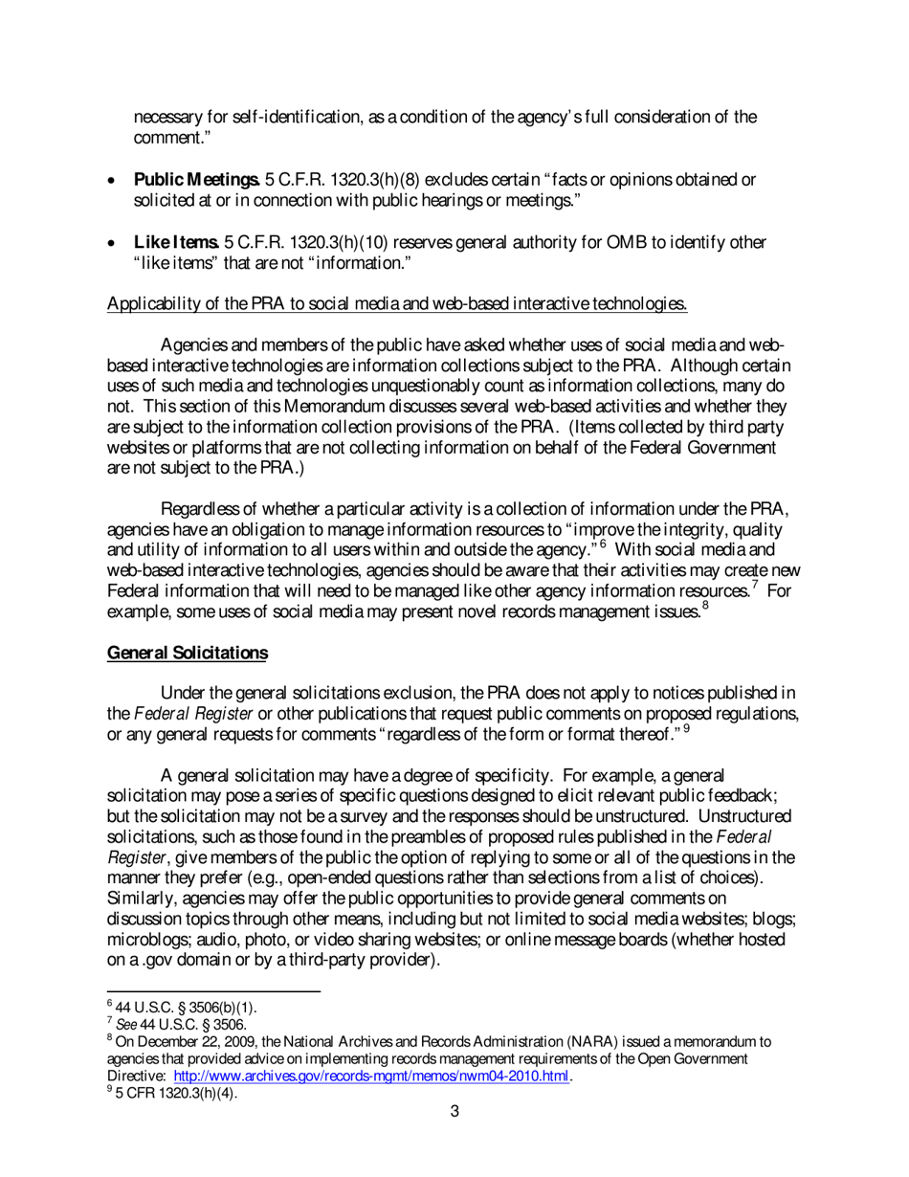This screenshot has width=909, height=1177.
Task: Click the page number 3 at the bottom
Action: coord(455,1111)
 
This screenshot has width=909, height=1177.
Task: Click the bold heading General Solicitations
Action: coord(188,654)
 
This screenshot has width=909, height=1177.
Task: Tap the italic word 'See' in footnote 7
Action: coord(126,1024)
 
